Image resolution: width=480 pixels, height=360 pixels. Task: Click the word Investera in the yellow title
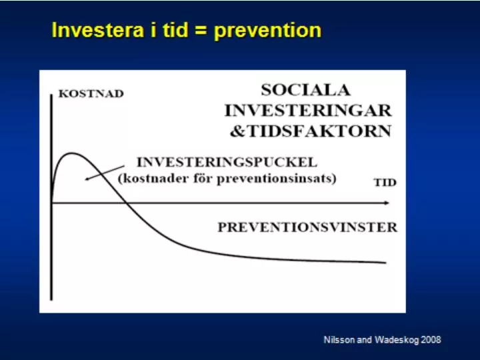click(98, 30)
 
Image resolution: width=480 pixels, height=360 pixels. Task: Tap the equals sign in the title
click(201, 31)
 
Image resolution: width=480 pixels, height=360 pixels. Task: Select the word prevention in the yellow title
click(268, 31)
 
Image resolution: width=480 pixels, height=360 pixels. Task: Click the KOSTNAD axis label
click(91, 93)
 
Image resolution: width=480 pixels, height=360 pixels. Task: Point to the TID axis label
click(385, 183)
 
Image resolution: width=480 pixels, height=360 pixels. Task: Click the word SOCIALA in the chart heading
click(305, 90)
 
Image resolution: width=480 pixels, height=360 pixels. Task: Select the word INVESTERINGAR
click(308, 111)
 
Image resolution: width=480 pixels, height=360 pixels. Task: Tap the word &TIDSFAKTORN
click(311, 131)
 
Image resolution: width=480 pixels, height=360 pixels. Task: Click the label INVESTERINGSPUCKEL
click(227, 162)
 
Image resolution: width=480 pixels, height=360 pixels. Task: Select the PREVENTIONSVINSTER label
click(307, 227)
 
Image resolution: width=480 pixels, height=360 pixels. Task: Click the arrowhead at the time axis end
click(387, 203)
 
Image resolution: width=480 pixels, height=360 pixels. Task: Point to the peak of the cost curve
click(71, 153)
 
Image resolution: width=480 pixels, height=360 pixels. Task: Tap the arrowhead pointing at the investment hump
click(87, 179)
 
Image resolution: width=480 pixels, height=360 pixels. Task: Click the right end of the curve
click(385, 263)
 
